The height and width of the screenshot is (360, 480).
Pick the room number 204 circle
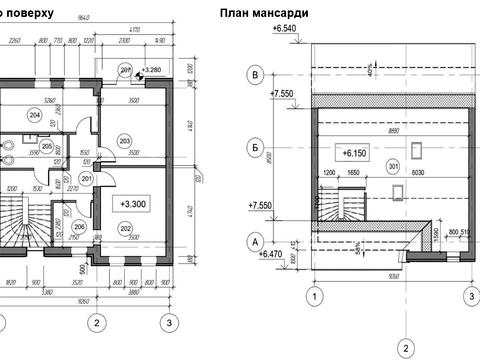coord(34,116)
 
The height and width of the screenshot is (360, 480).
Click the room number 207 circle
coord(126,69)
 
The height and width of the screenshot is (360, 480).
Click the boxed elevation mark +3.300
coord(133,203)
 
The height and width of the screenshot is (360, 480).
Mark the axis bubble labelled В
coord(256,75)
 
